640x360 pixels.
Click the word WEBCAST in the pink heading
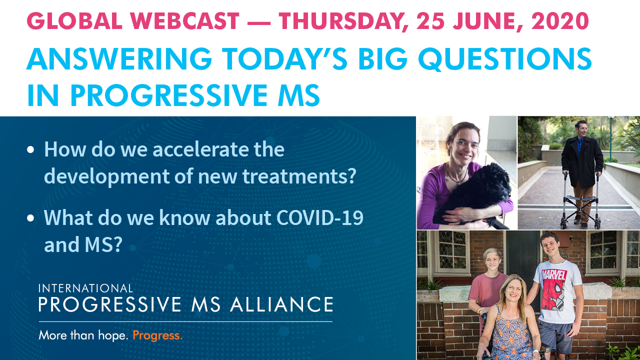click(x=184, y=21)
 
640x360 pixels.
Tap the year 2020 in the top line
click(x=560, y=21)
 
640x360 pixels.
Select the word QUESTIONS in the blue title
click(x=504, y=59)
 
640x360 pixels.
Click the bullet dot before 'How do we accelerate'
click(x=30, y=149)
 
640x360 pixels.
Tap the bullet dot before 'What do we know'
click(x=30, y=218)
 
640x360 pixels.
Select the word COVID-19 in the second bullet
click(x=320, y=217)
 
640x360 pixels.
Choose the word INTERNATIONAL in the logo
click(x=85, y=288)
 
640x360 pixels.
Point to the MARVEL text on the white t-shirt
click(x=554, y=275)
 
